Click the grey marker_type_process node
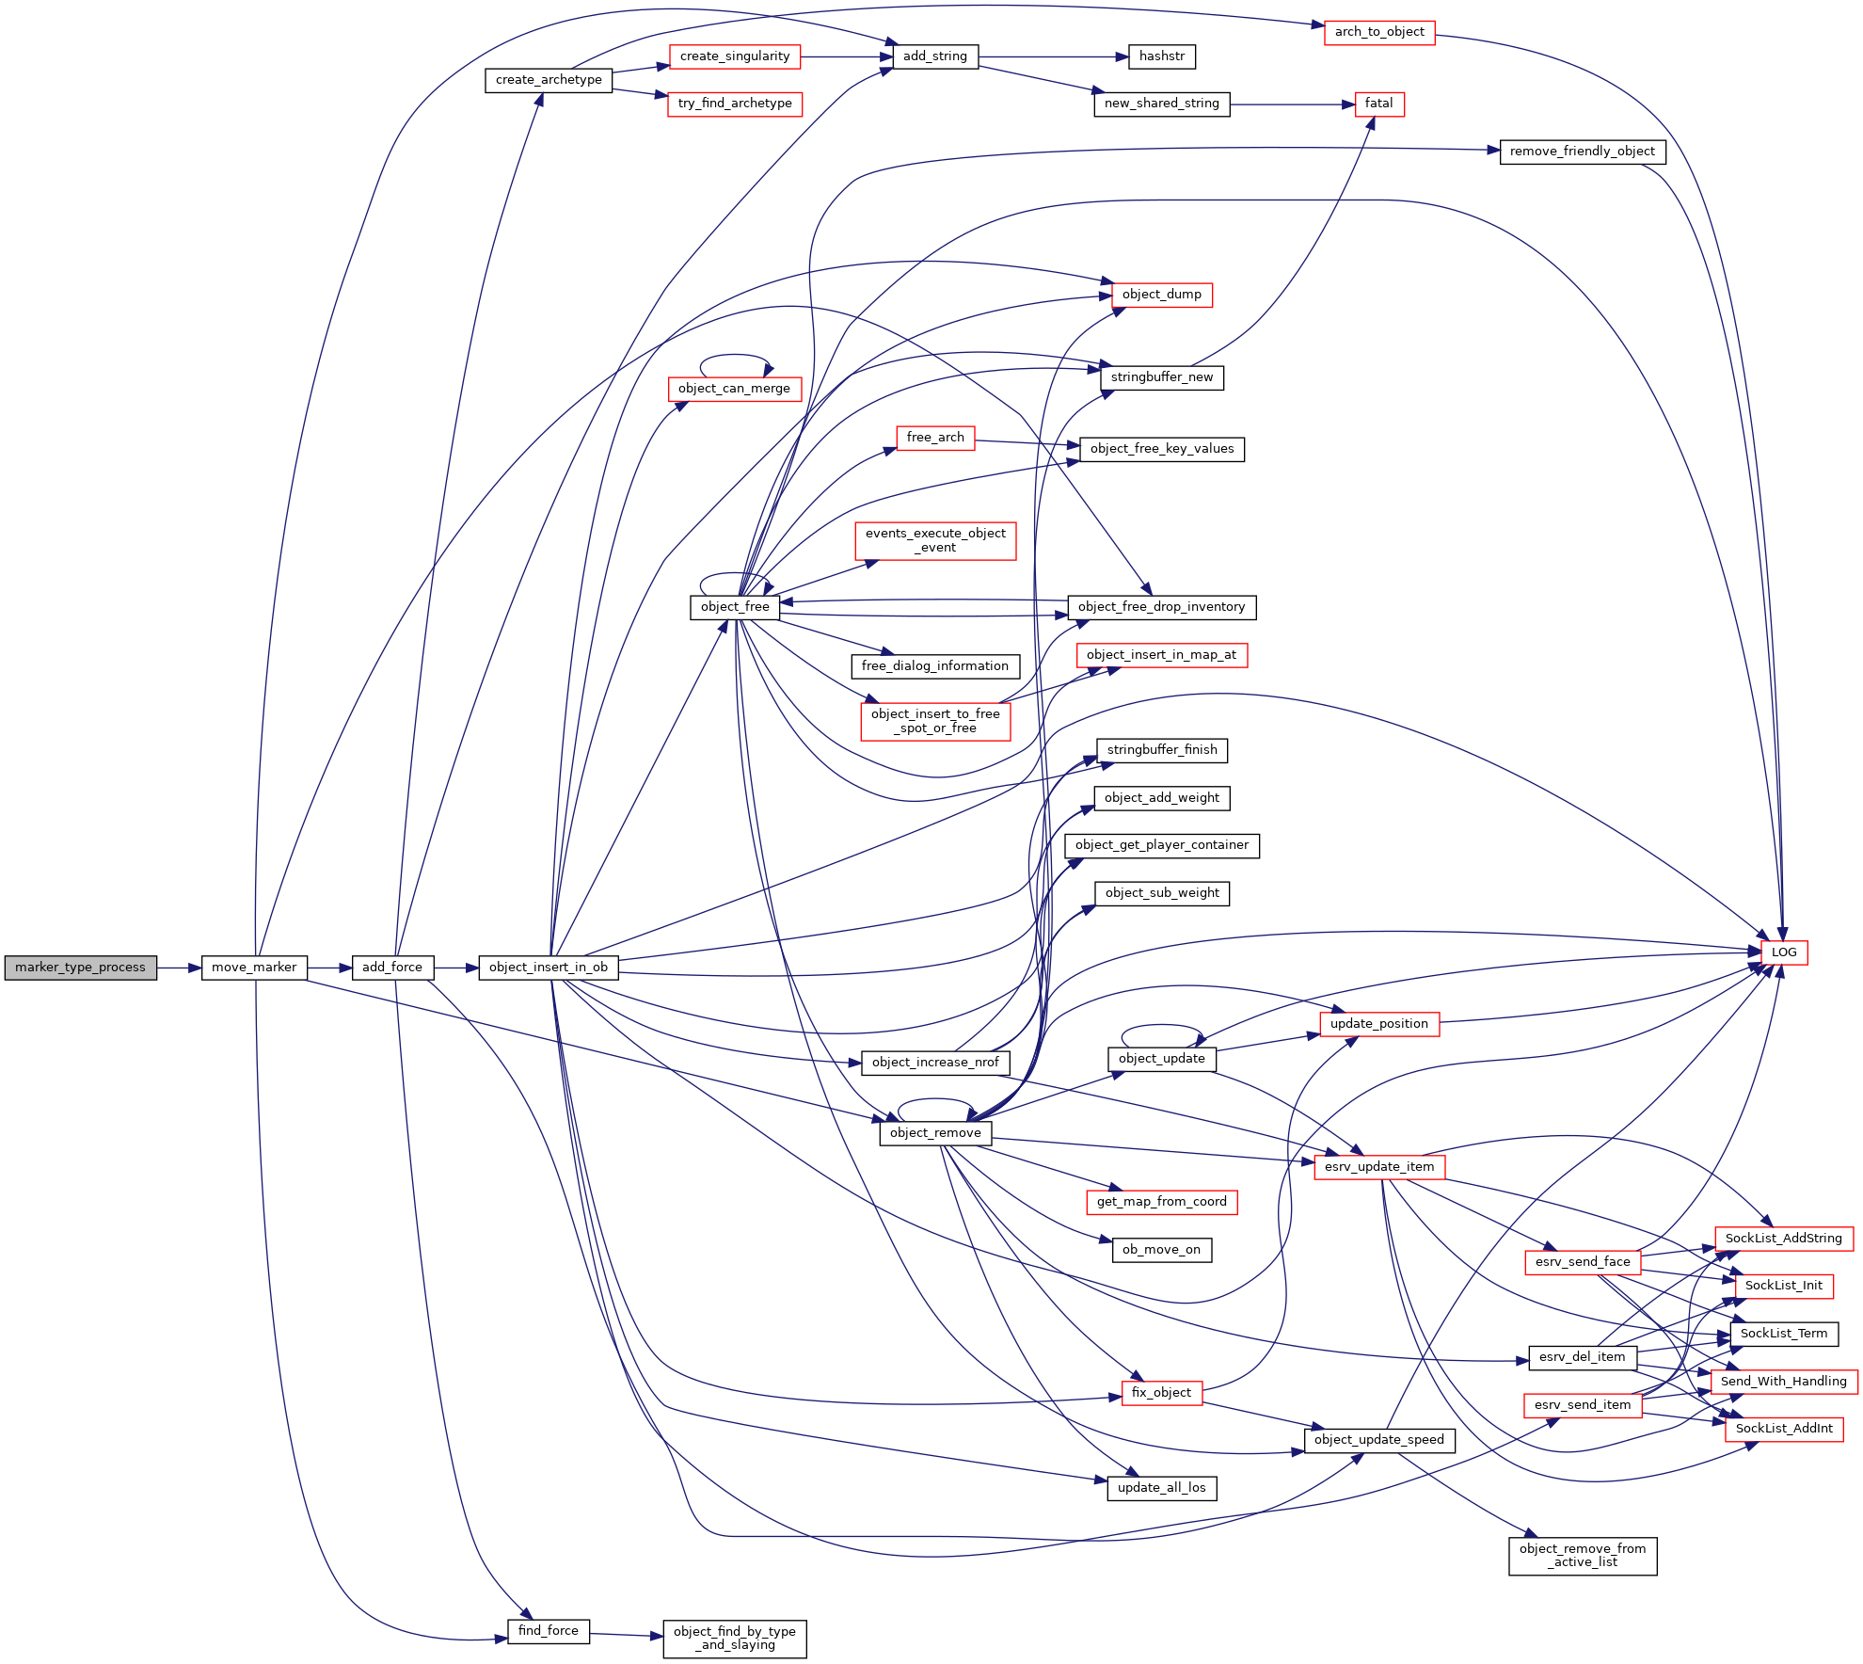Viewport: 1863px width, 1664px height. tap(81, 968)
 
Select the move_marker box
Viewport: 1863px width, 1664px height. tap(254, 968)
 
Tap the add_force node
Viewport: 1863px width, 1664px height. tap(392, 968)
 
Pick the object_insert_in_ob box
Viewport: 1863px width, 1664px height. tap(549, 968)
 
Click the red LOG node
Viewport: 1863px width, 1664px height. tap(1784, 952)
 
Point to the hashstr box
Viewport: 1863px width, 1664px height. tap(1162, 56)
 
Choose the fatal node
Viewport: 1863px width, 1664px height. tap(1379, 104)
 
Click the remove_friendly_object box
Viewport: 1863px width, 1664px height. tap(1583, 152)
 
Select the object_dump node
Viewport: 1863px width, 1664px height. tap(1162, 295)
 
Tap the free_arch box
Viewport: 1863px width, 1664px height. tap(935, 438)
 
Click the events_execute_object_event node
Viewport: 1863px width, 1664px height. tap(935, 540)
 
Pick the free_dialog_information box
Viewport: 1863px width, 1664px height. tap(935, 666)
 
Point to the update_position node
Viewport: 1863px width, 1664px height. tap(1379, 1024)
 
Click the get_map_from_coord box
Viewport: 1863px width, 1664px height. tap(1162, 1202)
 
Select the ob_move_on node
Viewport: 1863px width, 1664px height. tap(1162, 1250)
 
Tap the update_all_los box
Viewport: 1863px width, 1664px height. tap(1162, 1488)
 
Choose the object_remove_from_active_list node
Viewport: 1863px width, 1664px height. tap(1583, 1556)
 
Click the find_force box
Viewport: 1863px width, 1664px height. tap(549, 1631)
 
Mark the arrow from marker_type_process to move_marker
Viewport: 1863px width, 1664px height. tap(180, 968)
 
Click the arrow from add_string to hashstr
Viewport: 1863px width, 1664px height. tap(1054, 56)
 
